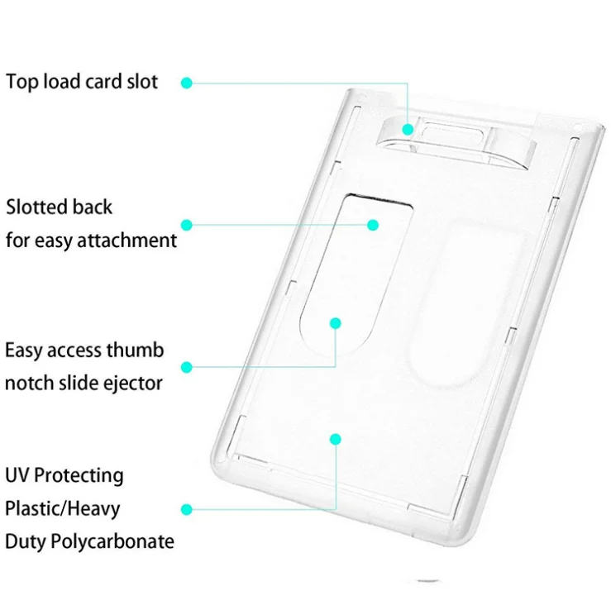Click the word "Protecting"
click(80, 477)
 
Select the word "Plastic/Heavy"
click(62, 508)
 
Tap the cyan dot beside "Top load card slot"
click(187, 83)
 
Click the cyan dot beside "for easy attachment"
click(187, 224)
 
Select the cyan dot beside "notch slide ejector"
click(187, 366)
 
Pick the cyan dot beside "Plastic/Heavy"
click(187, 509)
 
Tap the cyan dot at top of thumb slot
click(373, 224)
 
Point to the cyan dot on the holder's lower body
click(335, 438)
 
